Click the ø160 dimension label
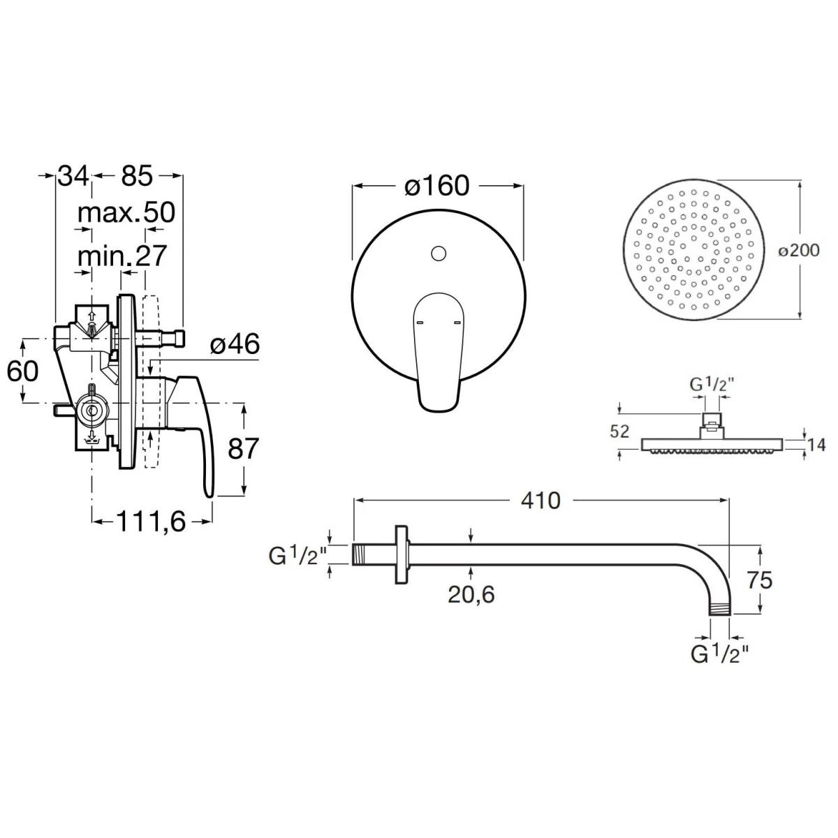436,186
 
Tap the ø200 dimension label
799,250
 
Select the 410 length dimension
541,501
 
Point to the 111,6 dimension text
151,522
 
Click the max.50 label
126,213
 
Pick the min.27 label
122,256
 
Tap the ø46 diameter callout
235,344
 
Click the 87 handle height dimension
244,448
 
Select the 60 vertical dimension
22,372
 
